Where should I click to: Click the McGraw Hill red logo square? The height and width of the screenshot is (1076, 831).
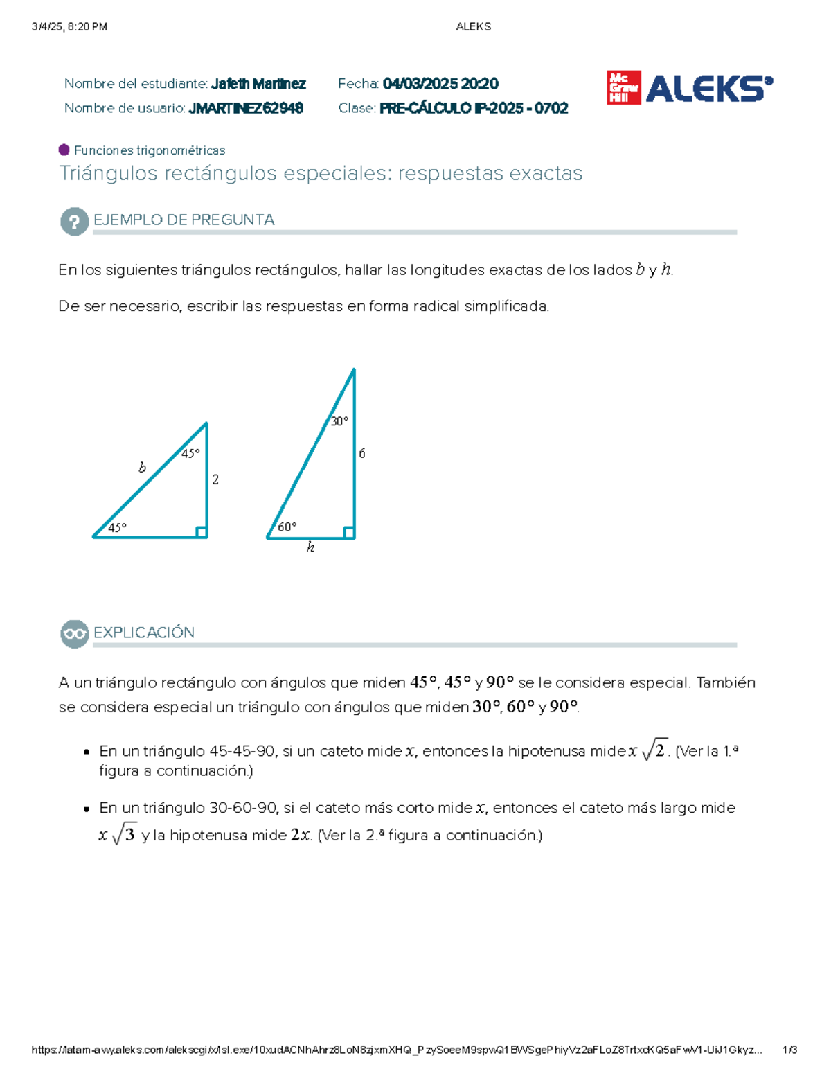pos(623,88)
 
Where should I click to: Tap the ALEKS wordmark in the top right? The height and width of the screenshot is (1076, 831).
pos(708,89)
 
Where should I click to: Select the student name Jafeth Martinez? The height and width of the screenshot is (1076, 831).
pos(258,84)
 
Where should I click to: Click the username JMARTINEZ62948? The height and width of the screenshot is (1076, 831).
pos(246,108)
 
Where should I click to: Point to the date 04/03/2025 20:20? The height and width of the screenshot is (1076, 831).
pos(440,84)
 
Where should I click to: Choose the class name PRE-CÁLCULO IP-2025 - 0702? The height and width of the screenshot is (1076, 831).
pos(474,108)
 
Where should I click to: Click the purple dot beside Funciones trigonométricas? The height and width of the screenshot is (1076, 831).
pos(64,150)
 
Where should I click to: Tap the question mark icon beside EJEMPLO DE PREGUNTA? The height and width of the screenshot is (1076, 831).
pos(74,222)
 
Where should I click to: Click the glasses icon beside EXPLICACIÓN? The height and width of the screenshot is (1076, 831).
pos(74,634)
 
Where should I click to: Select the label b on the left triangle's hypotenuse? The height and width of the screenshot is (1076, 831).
pos(142,468)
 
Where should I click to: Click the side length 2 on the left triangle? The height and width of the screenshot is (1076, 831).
pos(215,479)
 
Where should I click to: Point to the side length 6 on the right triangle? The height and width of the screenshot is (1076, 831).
pos(361,453)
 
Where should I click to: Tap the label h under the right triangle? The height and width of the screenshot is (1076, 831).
pos(310,547)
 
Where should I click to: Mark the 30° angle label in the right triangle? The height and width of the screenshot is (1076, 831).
pos(339,421)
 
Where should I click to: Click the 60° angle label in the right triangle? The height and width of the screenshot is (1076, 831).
pos(287,527)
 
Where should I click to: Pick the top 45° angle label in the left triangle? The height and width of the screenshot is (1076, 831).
pos(190,453)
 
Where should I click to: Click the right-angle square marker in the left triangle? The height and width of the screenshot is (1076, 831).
pos(201,531)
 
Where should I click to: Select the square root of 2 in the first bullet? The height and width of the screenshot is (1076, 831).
pos(655,750)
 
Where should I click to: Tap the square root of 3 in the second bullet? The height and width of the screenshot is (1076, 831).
pos(124,835)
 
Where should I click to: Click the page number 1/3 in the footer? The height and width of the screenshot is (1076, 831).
pos(789,1050)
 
